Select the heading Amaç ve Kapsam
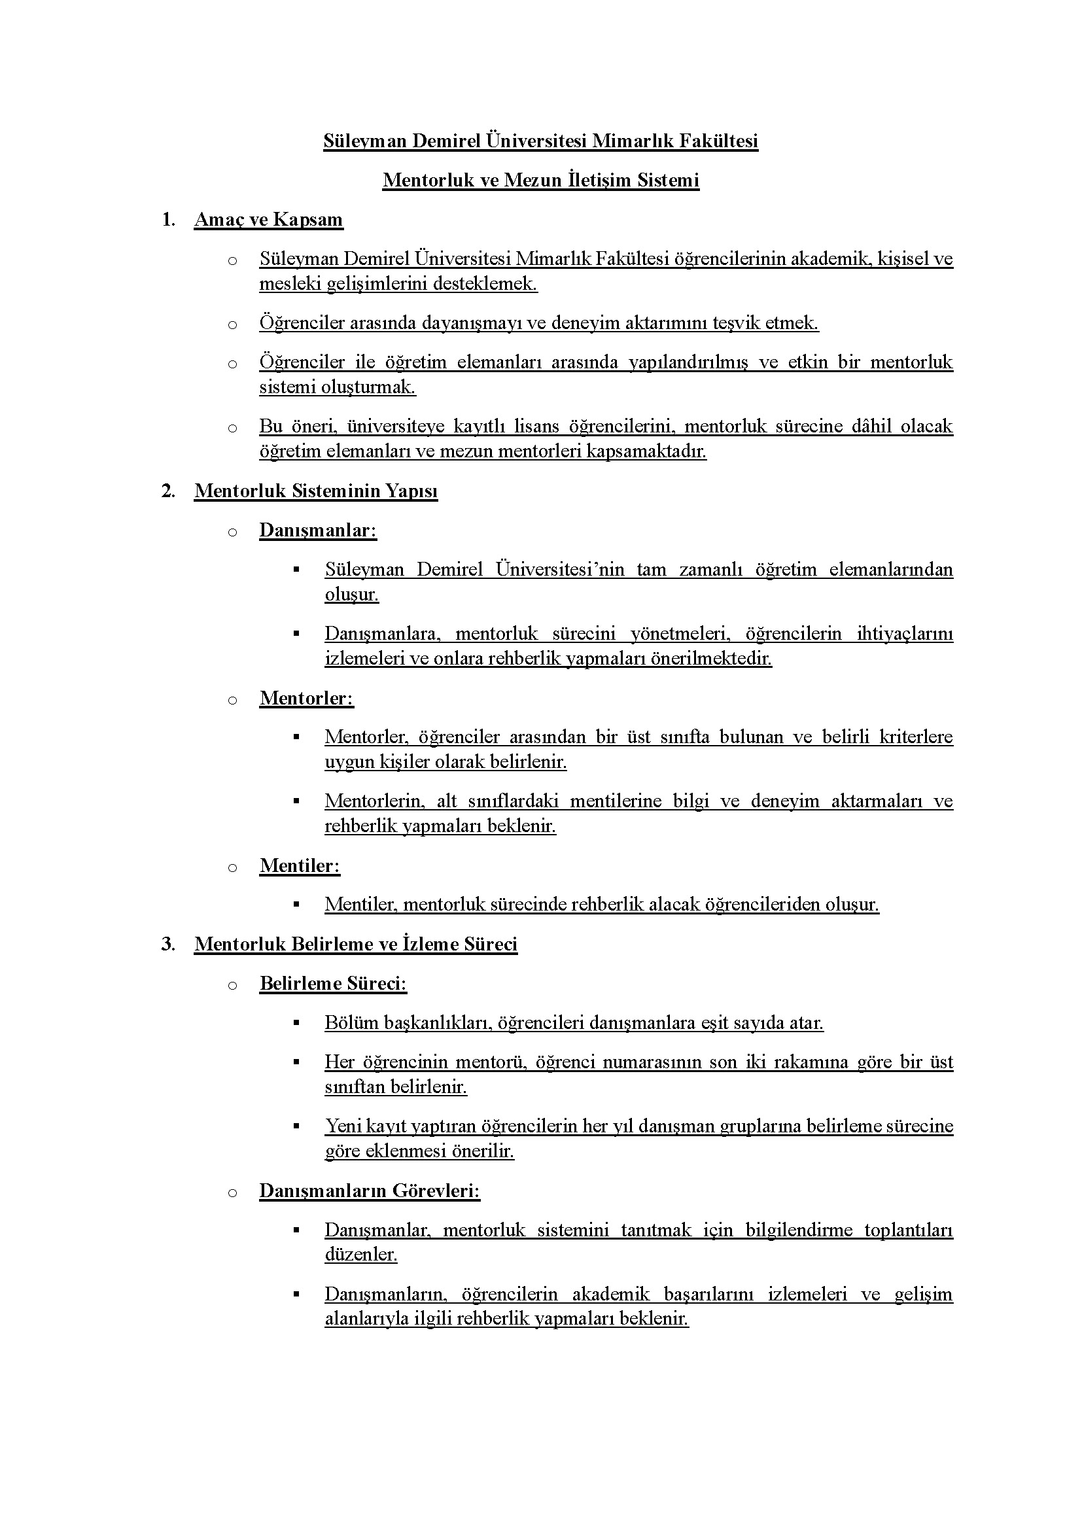[268, 220]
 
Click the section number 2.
[168, 491]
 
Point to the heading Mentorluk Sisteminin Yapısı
[316, 491]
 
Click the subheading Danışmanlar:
[318, 530]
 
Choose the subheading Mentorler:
[306, 699]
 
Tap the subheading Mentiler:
[300, 865]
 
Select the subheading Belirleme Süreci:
[333, 984]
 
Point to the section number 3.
[168, 945]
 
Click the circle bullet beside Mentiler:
[232, 867]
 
